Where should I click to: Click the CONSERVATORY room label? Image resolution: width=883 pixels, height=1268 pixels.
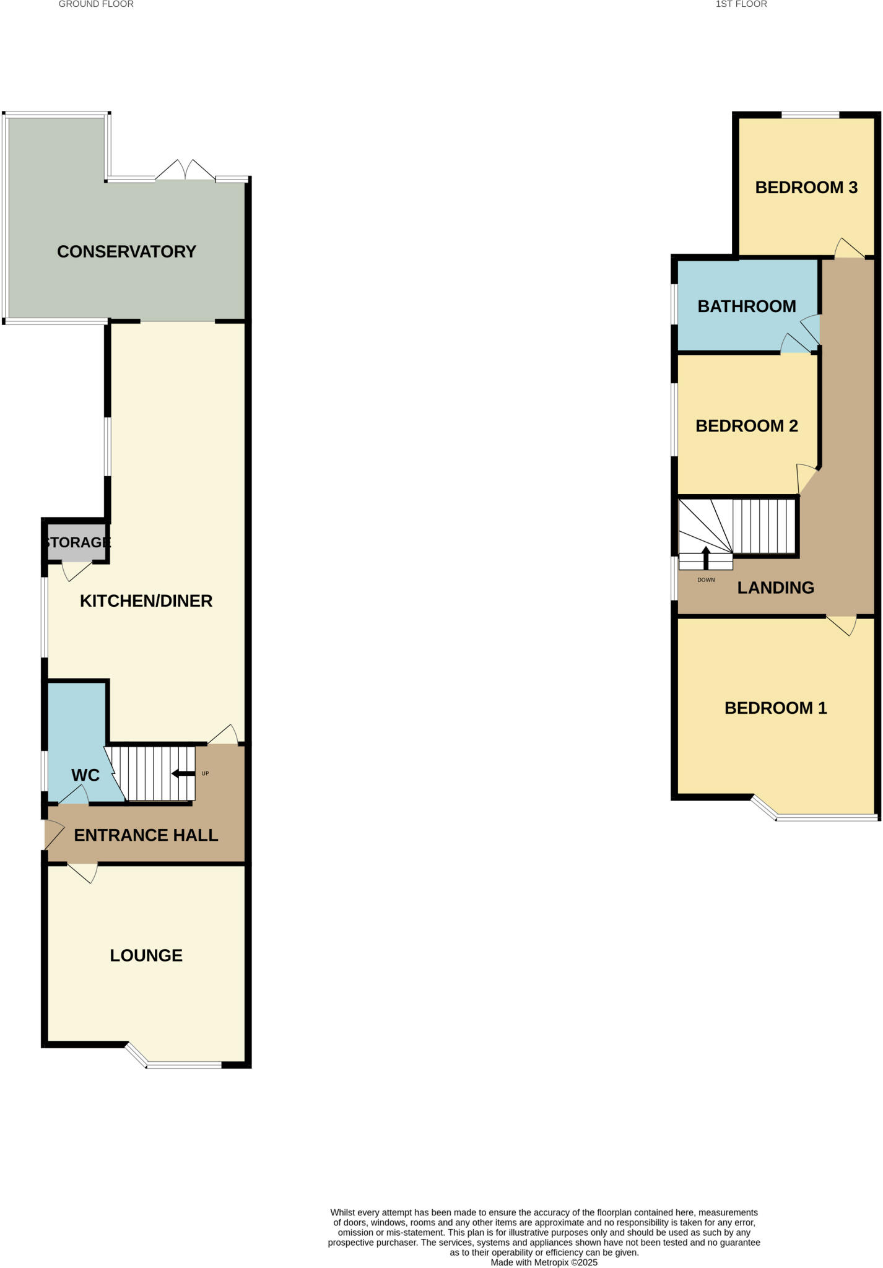click(x=126, y=251)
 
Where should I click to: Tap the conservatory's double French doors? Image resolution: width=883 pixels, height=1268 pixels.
click(x=185, y=171)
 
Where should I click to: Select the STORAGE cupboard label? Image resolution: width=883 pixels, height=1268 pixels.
click(x=77, y=542)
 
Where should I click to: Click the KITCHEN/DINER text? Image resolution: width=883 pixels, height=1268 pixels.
click(x=146, y=601)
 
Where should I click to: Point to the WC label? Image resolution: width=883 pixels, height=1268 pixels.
click(x=85, y=775)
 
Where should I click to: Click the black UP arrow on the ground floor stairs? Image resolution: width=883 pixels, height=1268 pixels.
click(x=183, y=773)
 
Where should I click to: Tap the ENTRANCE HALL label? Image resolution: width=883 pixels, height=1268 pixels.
click(x=146, y=835)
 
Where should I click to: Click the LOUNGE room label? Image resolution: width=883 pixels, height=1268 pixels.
click(x=146, y=955)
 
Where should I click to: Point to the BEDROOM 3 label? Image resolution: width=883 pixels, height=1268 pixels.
click(x=806, y=188)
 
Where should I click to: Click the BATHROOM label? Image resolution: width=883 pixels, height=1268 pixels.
click(x=747, y=306)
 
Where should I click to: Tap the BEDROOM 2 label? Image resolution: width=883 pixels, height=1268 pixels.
click(x=747, y=426)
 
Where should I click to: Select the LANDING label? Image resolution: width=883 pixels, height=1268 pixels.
click(x=775, y=588)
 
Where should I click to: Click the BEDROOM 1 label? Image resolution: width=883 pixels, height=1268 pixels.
click(x=775, y=708)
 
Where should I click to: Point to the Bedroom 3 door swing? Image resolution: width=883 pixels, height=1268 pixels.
click(x=848, y=249)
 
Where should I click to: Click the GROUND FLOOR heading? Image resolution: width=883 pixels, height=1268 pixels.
click(x=96, y=4)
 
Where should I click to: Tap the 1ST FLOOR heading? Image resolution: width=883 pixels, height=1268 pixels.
click(x=741, y=4)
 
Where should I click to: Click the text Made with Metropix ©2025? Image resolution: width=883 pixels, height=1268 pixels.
click(x=544, y=1262)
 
